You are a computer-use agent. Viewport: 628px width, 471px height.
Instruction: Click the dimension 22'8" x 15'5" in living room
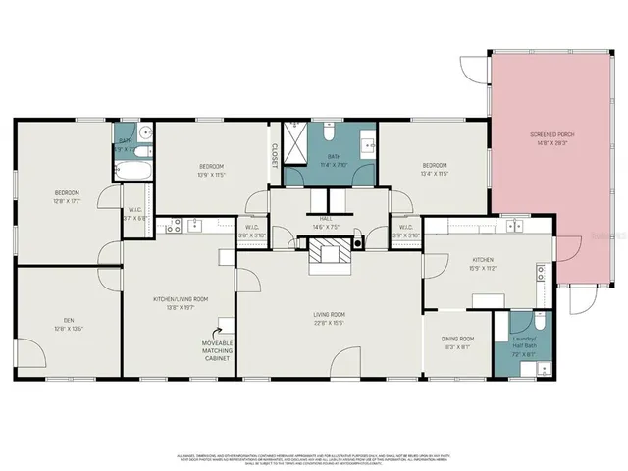[x=330, y=323]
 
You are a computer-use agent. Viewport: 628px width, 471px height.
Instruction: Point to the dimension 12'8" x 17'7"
[x=67, y=200]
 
